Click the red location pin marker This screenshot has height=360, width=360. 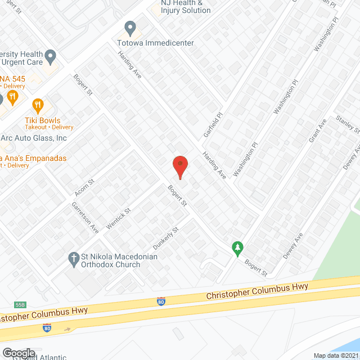click(x=179, y=165)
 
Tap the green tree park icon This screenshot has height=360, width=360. click(x=238, y=247)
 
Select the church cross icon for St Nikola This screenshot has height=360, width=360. click(x=73, y=258)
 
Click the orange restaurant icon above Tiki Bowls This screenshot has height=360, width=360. click(x=38, y=105)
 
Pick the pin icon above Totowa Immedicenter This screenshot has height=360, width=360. click(x=130, y=28)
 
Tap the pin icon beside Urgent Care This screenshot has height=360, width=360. click(x=51, y=56)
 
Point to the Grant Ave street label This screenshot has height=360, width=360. click(x=318, y=132)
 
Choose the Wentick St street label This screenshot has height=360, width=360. click(x=119, y=219)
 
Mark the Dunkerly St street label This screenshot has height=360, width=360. click(x=166, y=238)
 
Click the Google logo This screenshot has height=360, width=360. click(x=19, y=353)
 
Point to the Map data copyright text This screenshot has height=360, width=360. click(x=336, y=355)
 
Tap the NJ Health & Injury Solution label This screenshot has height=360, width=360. click(x=186, y=6)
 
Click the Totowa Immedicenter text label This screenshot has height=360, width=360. click(x=155, y=43)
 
